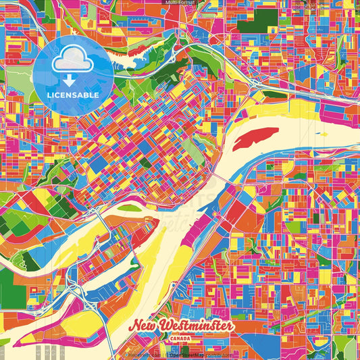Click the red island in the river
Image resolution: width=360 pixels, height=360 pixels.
(x=255, y=138)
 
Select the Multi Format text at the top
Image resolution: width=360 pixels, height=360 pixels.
(x=180, y=3)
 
